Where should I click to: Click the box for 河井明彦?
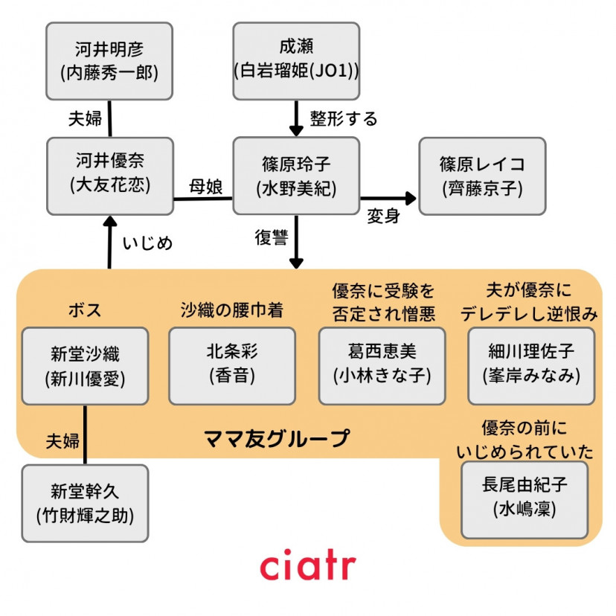[109, 61]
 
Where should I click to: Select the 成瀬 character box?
[296, 61]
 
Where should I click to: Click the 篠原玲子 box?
[296, 176]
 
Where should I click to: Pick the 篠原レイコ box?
[482, 176]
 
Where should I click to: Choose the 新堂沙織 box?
[85, 366]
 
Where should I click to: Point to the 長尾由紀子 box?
[524, 499]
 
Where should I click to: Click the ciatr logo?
[307, 567]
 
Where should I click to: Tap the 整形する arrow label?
[344, 118]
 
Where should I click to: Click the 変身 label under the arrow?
[384, 216]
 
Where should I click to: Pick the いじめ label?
[147, 243]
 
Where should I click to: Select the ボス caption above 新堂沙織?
[83, 309]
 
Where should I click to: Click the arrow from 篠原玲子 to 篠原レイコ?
[388, 198]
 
